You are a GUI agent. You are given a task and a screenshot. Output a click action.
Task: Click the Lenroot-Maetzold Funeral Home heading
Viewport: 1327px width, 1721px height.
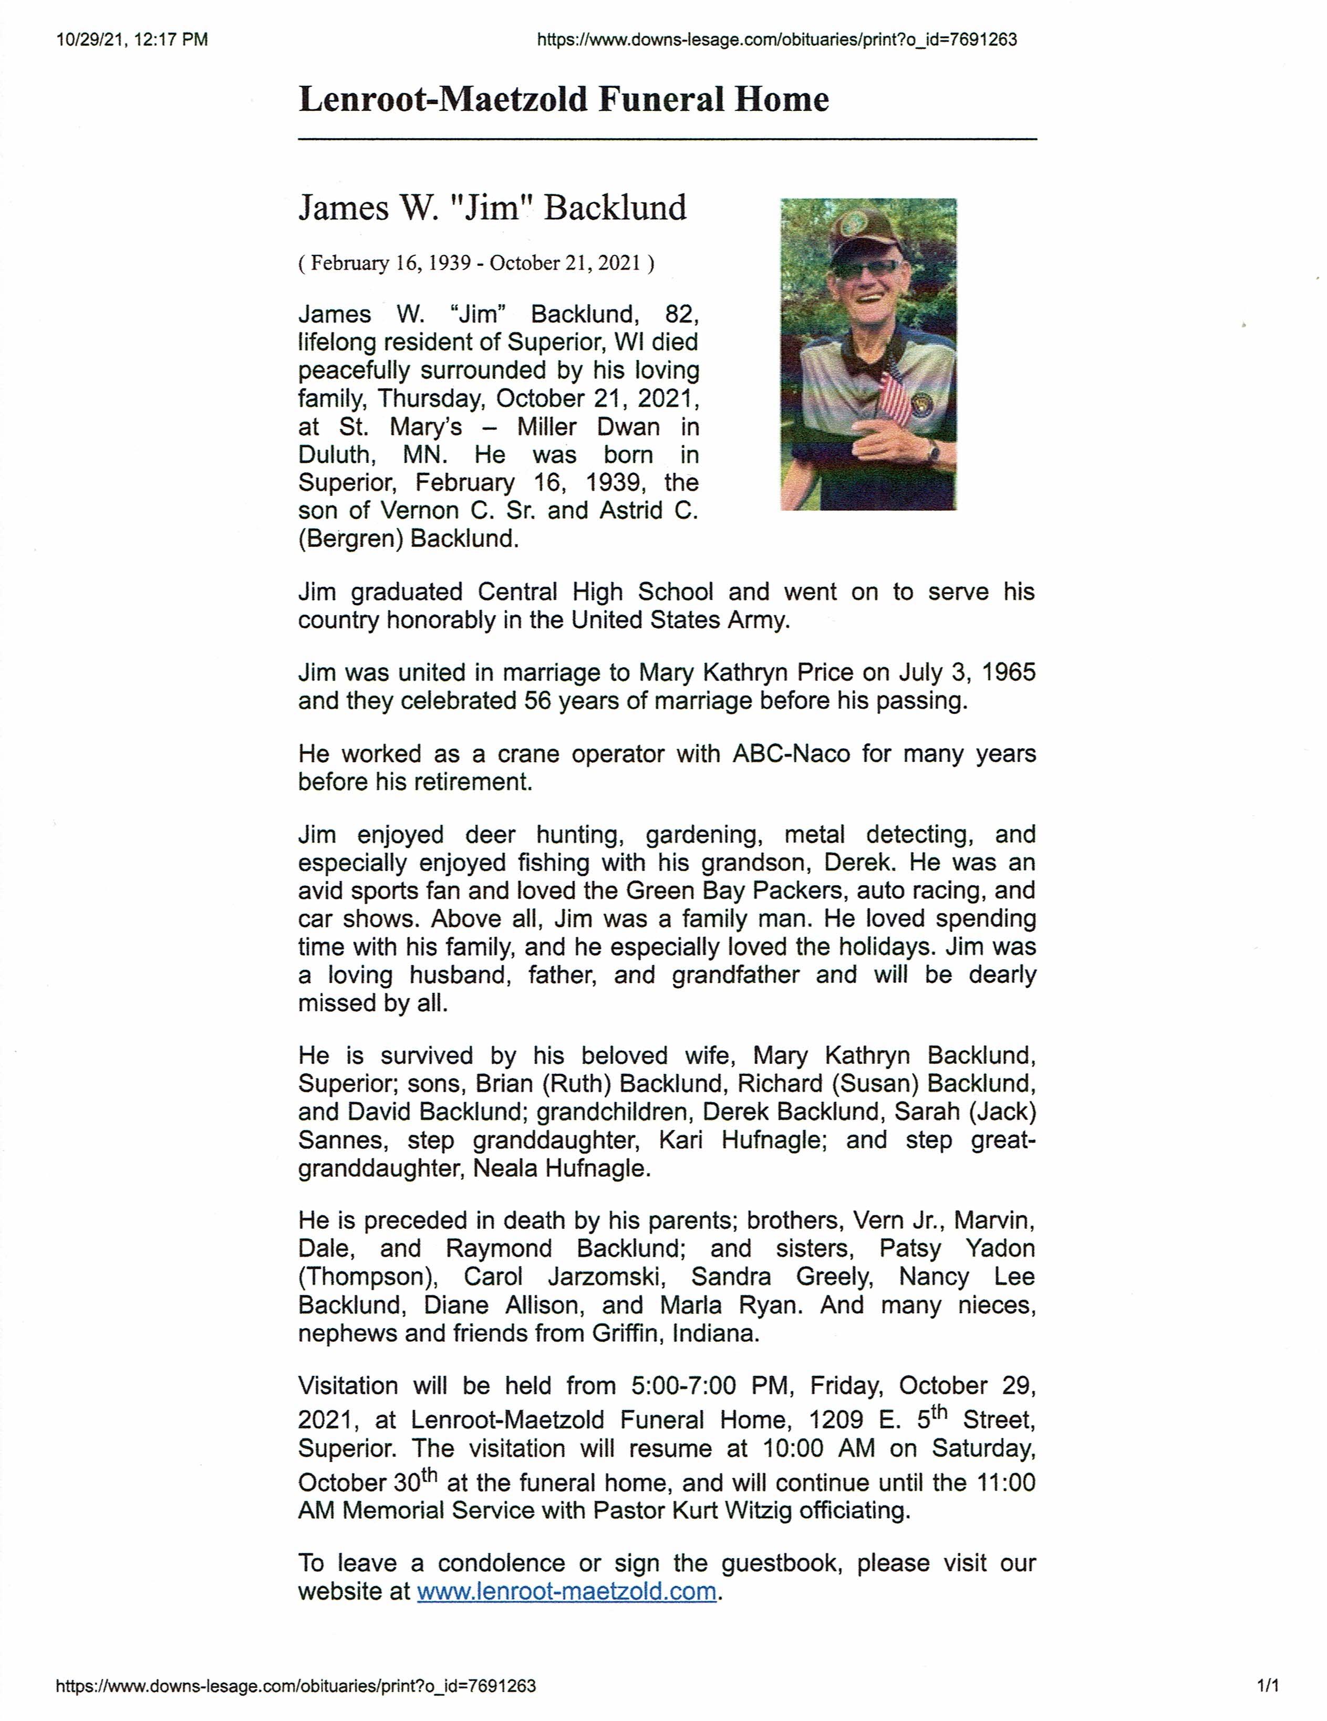coord(563,100)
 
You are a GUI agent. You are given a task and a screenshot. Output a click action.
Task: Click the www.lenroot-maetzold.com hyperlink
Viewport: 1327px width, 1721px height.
coord(566,1591)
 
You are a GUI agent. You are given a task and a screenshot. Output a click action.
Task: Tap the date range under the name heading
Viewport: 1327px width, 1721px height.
coord(476,263)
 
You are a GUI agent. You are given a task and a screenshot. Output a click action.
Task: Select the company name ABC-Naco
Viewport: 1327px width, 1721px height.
coord(791,754)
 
